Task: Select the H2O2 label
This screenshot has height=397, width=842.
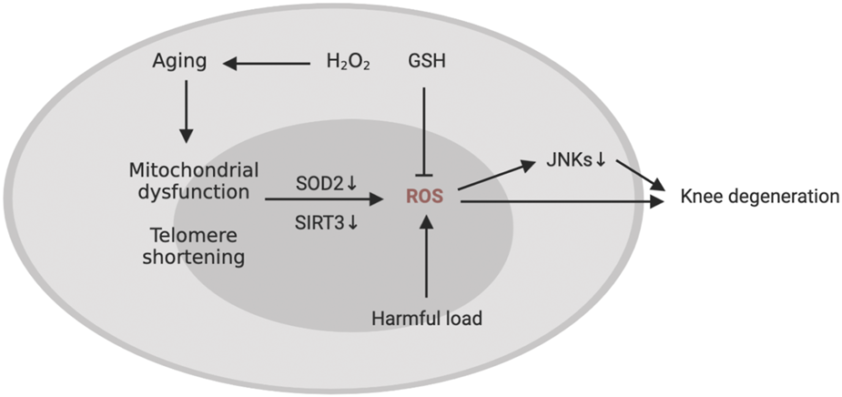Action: click(x=348, y=63)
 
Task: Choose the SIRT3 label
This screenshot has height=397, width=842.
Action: click(x=318, y=219)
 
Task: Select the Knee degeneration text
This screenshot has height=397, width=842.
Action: click(x=759, y=196)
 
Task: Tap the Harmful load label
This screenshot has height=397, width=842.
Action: click(x=426, y=319)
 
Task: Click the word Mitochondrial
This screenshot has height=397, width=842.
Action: click(x=194, y=170)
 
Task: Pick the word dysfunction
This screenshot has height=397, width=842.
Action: click(x=194, y=191)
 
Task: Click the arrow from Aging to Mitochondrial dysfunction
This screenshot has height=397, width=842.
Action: click(x=186, y=112)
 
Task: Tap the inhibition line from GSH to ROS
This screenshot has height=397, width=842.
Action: click(x=425, y=127)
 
